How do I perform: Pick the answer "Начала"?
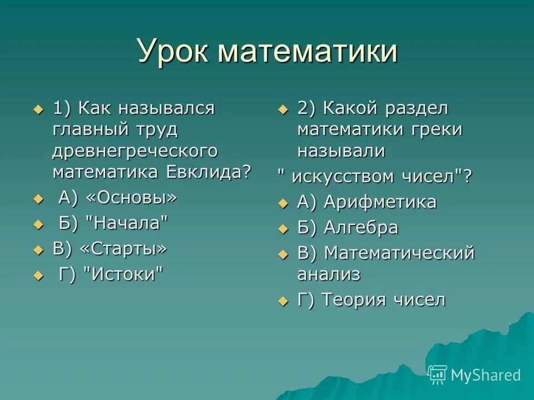[x=127, y=223]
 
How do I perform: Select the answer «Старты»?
[x=124, y=248]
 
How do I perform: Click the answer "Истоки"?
[x=125, y=274]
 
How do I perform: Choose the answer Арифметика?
[x=380, y=202]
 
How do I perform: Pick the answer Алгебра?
[x=361, y=228]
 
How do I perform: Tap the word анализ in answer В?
[x=329, y=274]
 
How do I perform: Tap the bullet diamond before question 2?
[x=283, y=109]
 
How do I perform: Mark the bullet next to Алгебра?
[x=283, y=228]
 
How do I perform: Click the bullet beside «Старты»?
[x=38, y=249]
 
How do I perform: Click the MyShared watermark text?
[x=486, y=375]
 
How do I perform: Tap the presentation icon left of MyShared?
[x=438, y=375]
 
